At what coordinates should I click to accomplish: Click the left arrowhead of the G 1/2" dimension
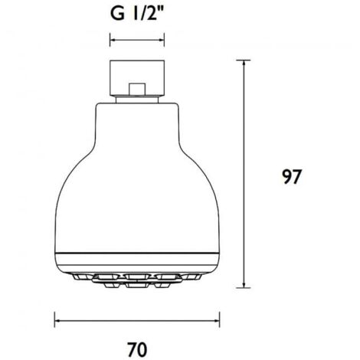(x=114, y=41)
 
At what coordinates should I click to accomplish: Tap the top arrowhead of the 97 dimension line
(x=244, y=63)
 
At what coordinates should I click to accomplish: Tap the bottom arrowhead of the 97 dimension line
(x=244, y=287)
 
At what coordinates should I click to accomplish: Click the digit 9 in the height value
(x=286, y=177)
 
